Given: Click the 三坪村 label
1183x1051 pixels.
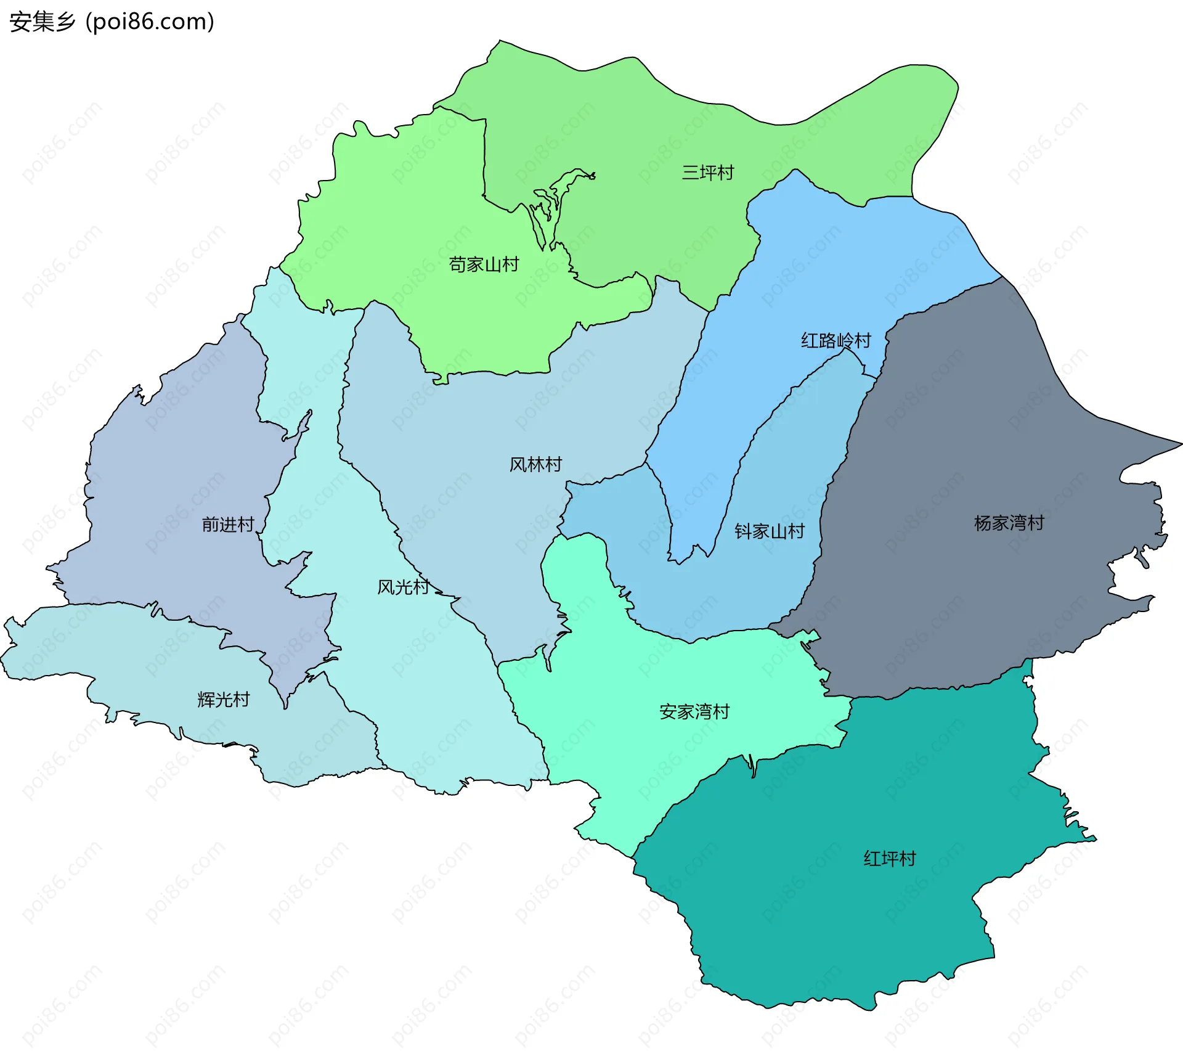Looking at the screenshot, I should tap(707, 173).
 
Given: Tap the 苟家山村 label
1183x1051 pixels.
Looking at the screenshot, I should tap(484, 264).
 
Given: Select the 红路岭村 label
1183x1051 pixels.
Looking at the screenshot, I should tap(835, 340).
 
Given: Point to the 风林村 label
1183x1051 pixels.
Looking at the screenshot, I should tap(535, 464).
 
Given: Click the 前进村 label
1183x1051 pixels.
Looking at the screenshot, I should tap(228, 525).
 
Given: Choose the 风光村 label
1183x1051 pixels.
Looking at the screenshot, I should tap(403, 587).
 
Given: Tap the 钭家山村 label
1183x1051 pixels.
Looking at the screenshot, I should tap(770, 531).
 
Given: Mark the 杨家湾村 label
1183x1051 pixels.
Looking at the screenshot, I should tap(1009, 523).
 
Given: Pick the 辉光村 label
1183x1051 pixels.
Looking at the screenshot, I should tap(223, 700).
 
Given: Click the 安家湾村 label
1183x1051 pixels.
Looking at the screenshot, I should tap(694, 712).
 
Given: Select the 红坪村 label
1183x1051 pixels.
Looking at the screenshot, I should tap(890, 859).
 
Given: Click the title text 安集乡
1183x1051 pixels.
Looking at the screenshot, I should tap(42, 22).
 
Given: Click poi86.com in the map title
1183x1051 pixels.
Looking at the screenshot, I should tap(150, 22).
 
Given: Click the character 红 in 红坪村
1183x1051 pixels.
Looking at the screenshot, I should tap(872, 859).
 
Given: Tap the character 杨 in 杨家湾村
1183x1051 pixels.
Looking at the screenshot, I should tap(983, 523).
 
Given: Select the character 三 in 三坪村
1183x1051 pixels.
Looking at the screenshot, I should tap(690, 173).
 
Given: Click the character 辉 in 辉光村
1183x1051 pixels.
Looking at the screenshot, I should tap(206, 700).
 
